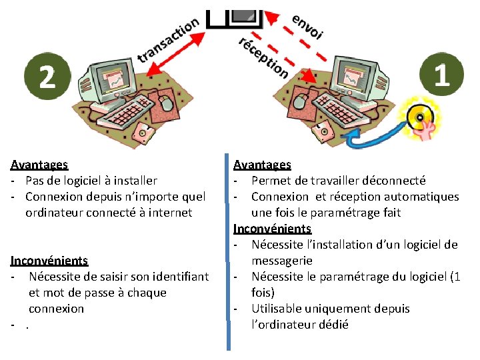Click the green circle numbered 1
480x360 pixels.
pyautogui.click(x=441, y=74)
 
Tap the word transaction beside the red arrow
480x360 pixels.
pyautogui.click(x=169, y=39)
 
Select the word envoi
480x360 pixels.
pyautogui.click(x=307, y=25)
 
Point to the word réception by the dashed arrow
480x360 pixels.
pyautogui.click(x=263, y=56)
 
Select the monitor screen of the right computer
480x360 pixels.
pyautogui.click(x=353, y=75)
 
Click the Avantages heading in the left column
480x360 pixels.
pyautogui.click(x=39, y=164)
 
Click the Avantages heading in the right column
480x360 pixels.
pyautogui.click(x=262, y=164)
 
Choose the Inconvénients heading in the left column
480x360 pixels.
pyautogui.click(x=49, y=260)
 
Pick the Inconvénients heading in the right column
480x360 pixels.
pyautogui.click(x=272, y=229)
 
